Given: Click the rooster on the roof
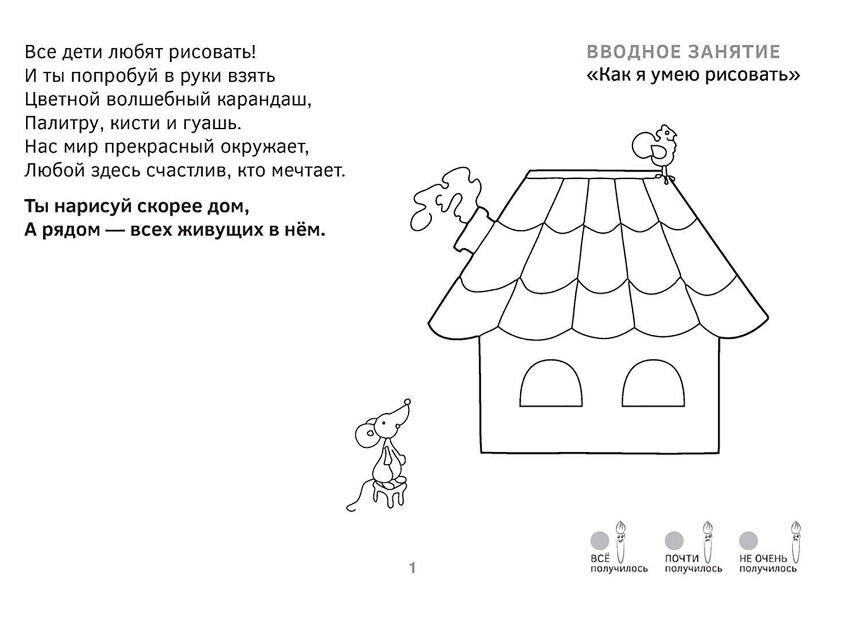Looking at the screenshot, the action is click(656, 147).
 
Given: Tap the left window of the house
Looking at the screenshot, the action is click(551, 386).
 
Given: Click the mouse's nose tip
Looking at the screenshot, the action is click(408, 401).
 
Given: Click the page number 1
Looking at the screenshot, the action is click(412, 569).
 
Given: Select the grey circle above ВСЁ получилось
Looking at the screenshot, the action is click(600, 540).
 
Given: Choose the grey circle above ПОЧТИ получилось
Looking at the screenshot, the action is click(674, 540).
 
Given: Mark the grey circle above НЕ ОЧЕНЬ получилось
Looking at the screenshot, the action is click(749, 540).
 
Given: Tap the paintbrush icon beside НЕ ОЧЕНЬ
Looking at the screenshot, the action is click(796, 542).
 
